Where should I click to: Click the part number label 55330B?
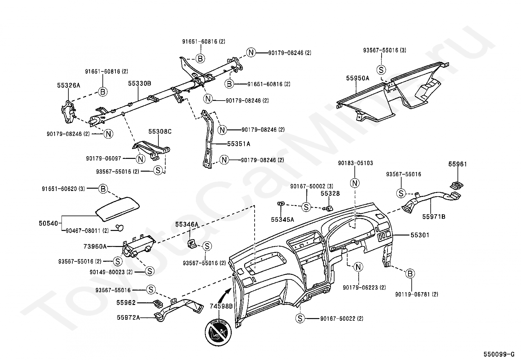(x=139, y=83)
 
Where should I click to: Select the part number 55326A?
(x=69, y=85)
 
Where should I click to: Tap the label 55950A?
(x=358, y=78)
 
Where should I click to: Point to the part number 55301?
(x=420, y=235)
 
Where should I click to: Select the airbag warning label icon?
(x=218, y=332)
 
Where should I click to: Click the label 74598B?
(x=221, y=306)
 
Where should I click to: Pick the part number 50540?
(x=48, y=223)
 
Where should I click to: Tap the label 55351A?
(x=239, y=144)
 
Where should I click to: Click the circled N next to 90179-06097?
(x=140, y=159)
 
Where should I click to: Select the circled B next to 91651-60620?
(x=103, y=189)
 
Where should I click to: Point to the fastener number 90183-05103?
(x=355, y=163)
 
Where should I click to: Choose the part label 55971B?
(x=434, y=217)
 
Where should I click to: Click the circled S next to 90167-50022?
(x=300, y=318)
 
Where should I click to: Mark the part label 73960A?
(x=95, y=246)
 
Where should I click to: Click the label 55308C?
(x=160, y=132)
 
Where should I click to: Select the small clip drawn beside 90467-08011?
(x=119, y=228)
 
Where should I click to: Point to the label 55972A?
(x=128, y=317)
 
